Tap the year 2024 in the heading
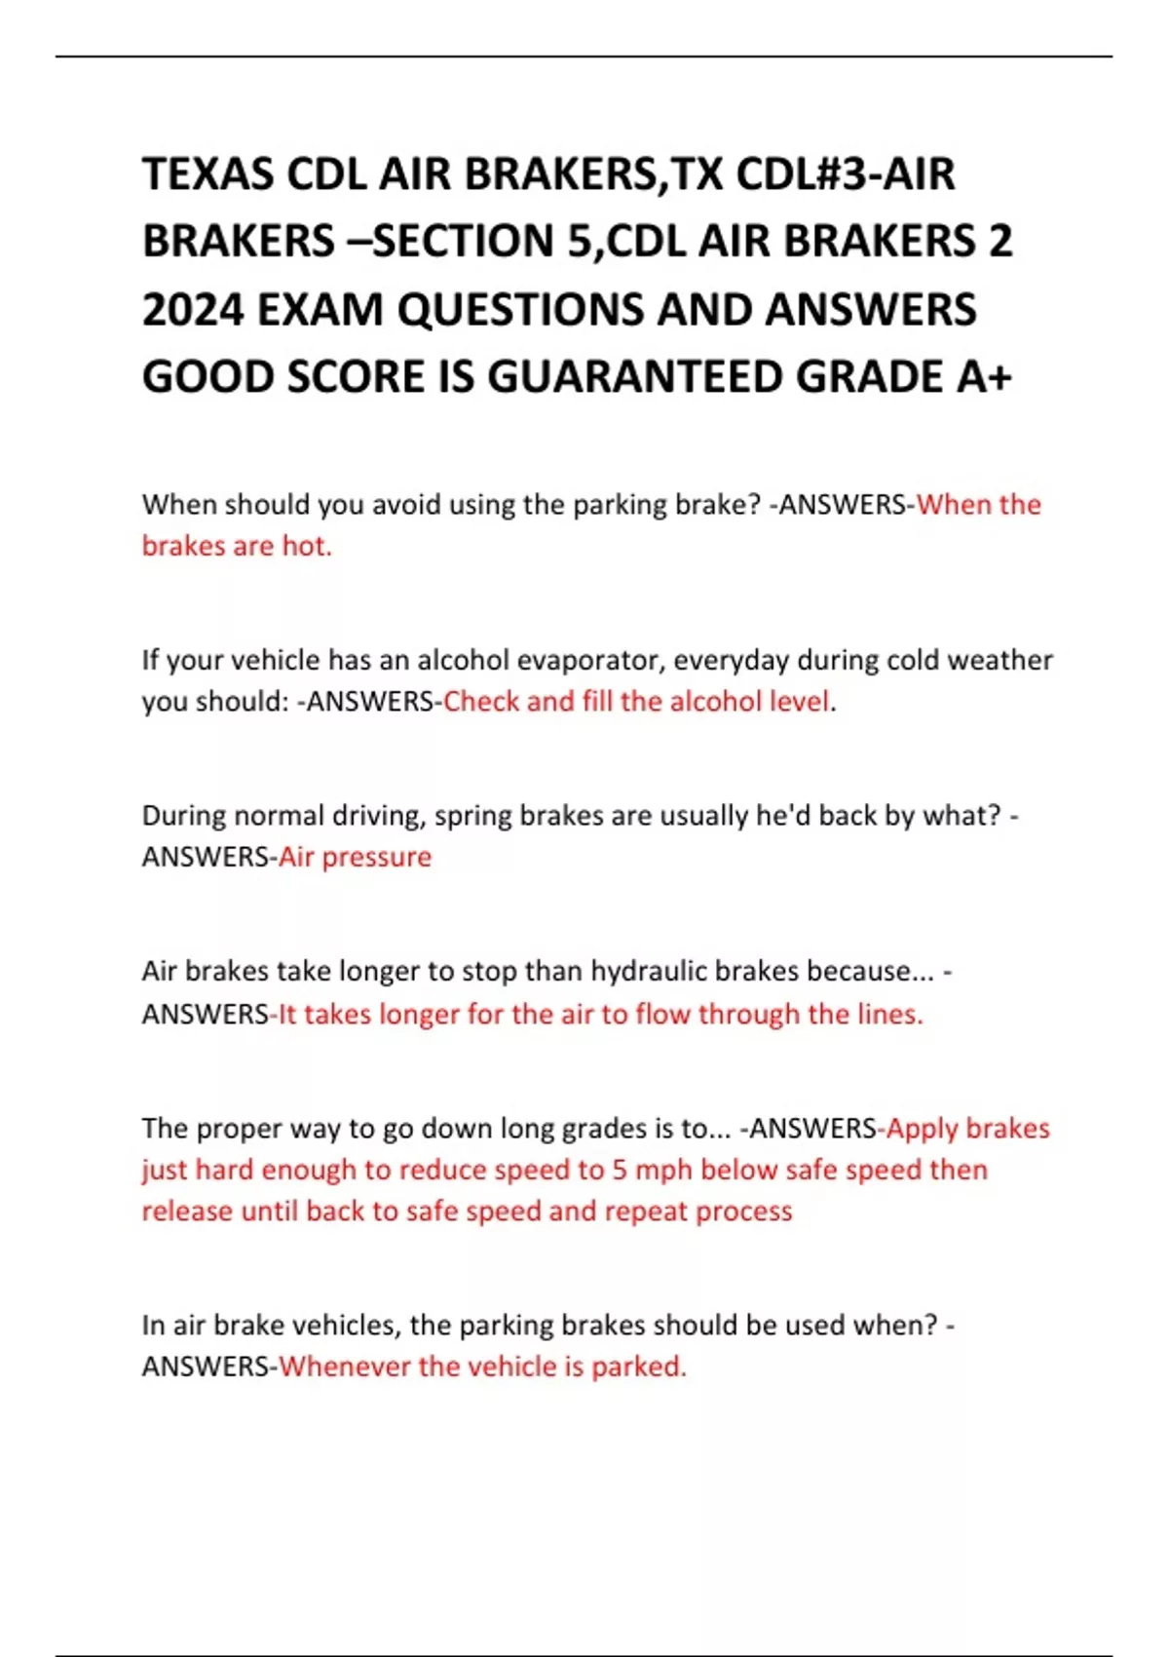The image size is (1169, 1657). pyautogui.click(x=193, y=310)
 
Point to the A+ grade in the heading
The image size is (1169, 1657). pyautogui.click(x=983, y=377)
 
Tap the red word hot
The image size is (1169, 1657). pyautogui.click(x=306, y=546)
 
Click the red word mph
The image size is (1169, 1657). pyautogui.click(x=663, y=1170)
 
